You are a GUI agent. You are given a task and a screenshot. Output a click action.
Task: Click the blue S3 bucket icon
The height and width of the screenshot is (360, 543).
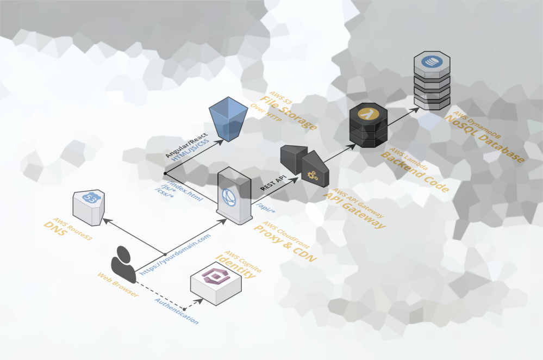coord(228,119)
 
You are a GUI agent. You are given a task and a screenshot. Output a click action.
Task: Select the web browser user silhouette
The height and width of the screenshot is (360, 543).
coord(123,264)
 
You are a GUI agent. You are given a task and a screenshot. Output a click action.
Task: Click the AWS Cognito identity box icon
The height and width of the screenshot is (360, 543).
coord(216,282)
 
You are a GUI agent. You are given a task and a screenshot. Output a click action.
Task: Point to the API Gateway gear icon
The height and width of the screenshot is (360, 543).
coord(313,175)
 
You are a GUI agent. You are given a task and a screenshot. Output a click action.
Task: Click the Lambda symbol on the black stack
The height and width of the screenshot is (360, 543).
coord(369,114)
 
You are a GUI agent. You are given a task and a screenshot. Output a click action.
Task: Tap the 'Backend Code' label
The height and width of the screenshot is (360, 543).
coord(414,172)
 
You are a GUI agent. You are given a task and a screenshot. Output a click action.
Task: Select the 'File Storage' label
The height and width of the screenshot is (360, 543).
coord(288,114)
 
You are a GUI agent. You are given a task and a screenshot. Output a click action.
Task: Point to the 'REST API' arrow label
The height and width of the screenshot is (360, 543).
coord(273,182)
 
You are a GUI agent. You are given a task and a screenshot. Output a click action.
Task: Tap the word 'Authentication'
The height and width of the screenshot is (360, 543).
coord(176,311)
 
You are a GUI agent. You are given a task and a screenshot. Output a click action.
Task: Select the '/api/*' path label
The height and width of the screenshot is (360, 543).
coord(265,208)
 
